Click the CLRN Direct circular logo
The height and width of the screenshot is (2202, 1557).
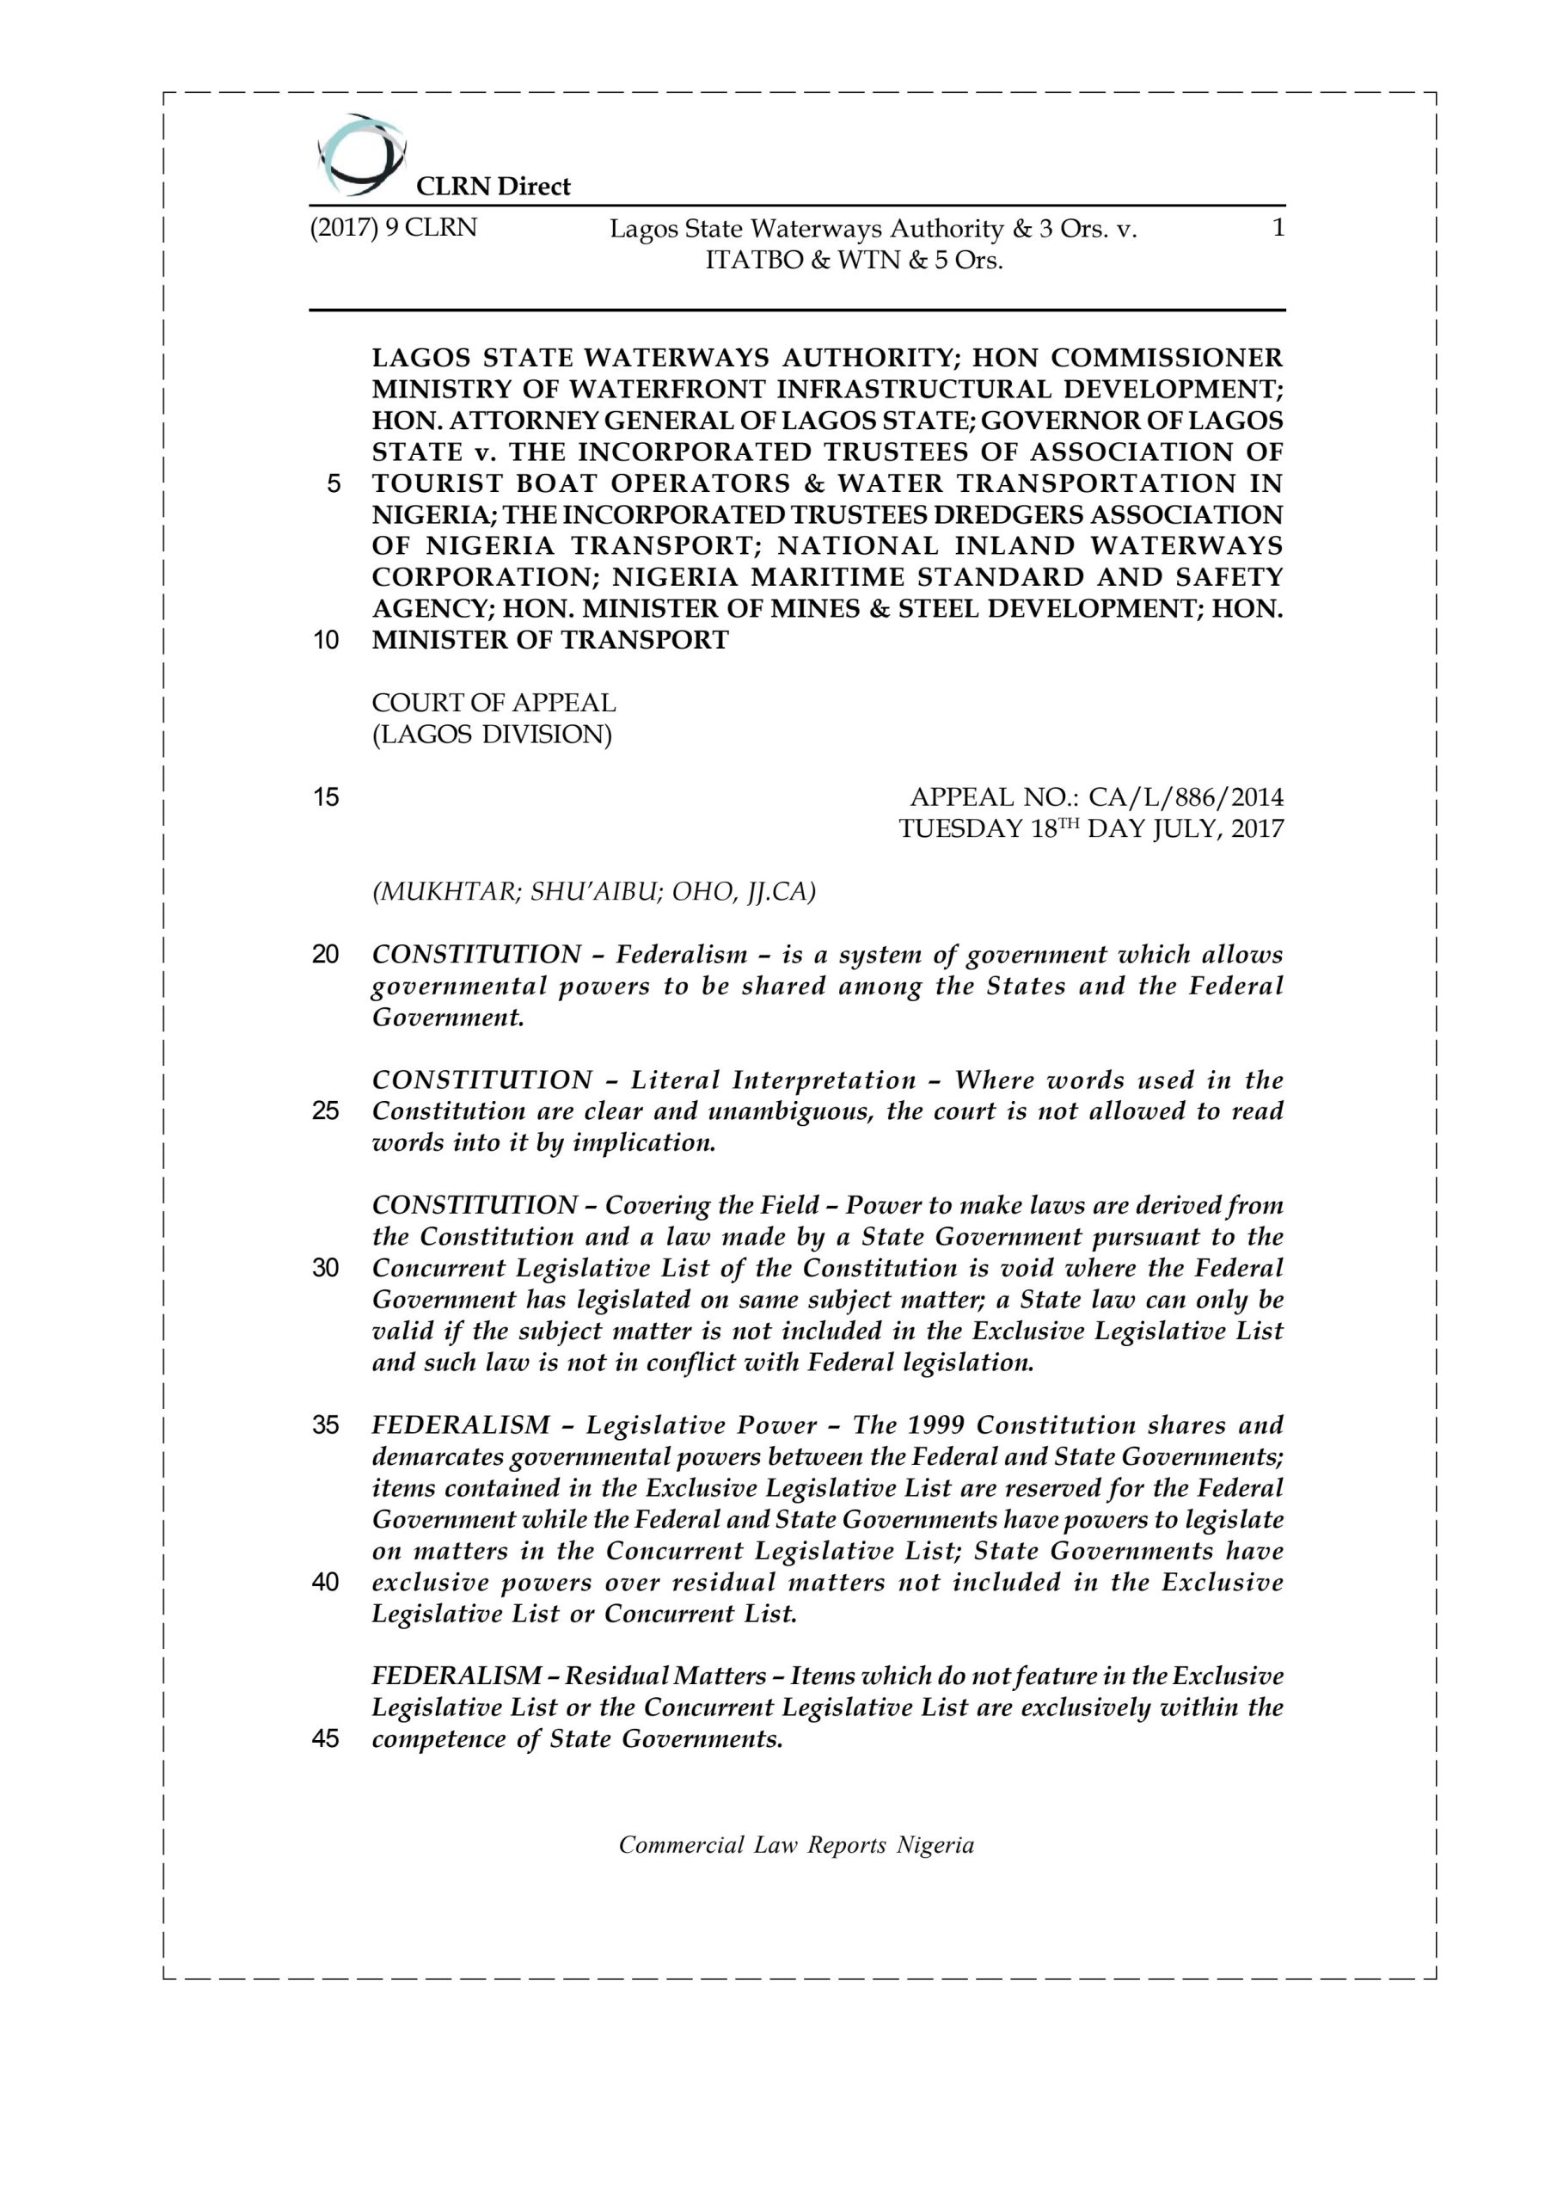(x=361, y=153)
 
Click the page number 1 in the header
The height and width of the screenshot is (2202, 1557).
(x=1276, y=228)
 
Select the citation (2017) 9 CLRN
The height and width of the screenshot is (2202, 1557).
(x=393, y=228)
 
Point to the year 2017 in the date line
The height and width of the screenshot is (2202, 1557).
(x=1257, y=828)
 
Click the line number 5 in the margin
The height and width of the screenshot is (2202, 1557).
(x=333, y=483)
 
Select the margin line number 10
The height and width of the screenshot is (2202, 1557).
(x=326, y=640)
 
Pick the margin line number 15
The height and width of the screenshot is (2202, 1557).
(x=326, y=797)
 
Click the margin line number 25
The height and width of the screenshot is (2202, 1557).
(x=326, y=1111)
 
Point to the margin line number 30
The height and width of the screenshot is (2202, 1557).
(x=326, y=1268)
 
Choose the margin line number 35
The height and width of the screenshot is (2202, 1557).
(x=326, y=1425)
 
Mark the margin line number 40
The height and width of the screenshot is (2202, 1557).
(x=326, y=1583)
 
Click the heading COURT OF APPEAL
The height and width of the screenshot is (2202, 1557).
(x=493, y=703)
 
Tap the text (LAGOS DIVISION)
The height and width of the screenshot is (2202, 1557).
(x=492, y=735)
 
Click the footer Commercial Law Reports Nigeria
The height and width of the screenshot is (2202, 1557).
(x=796, y=1845)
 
